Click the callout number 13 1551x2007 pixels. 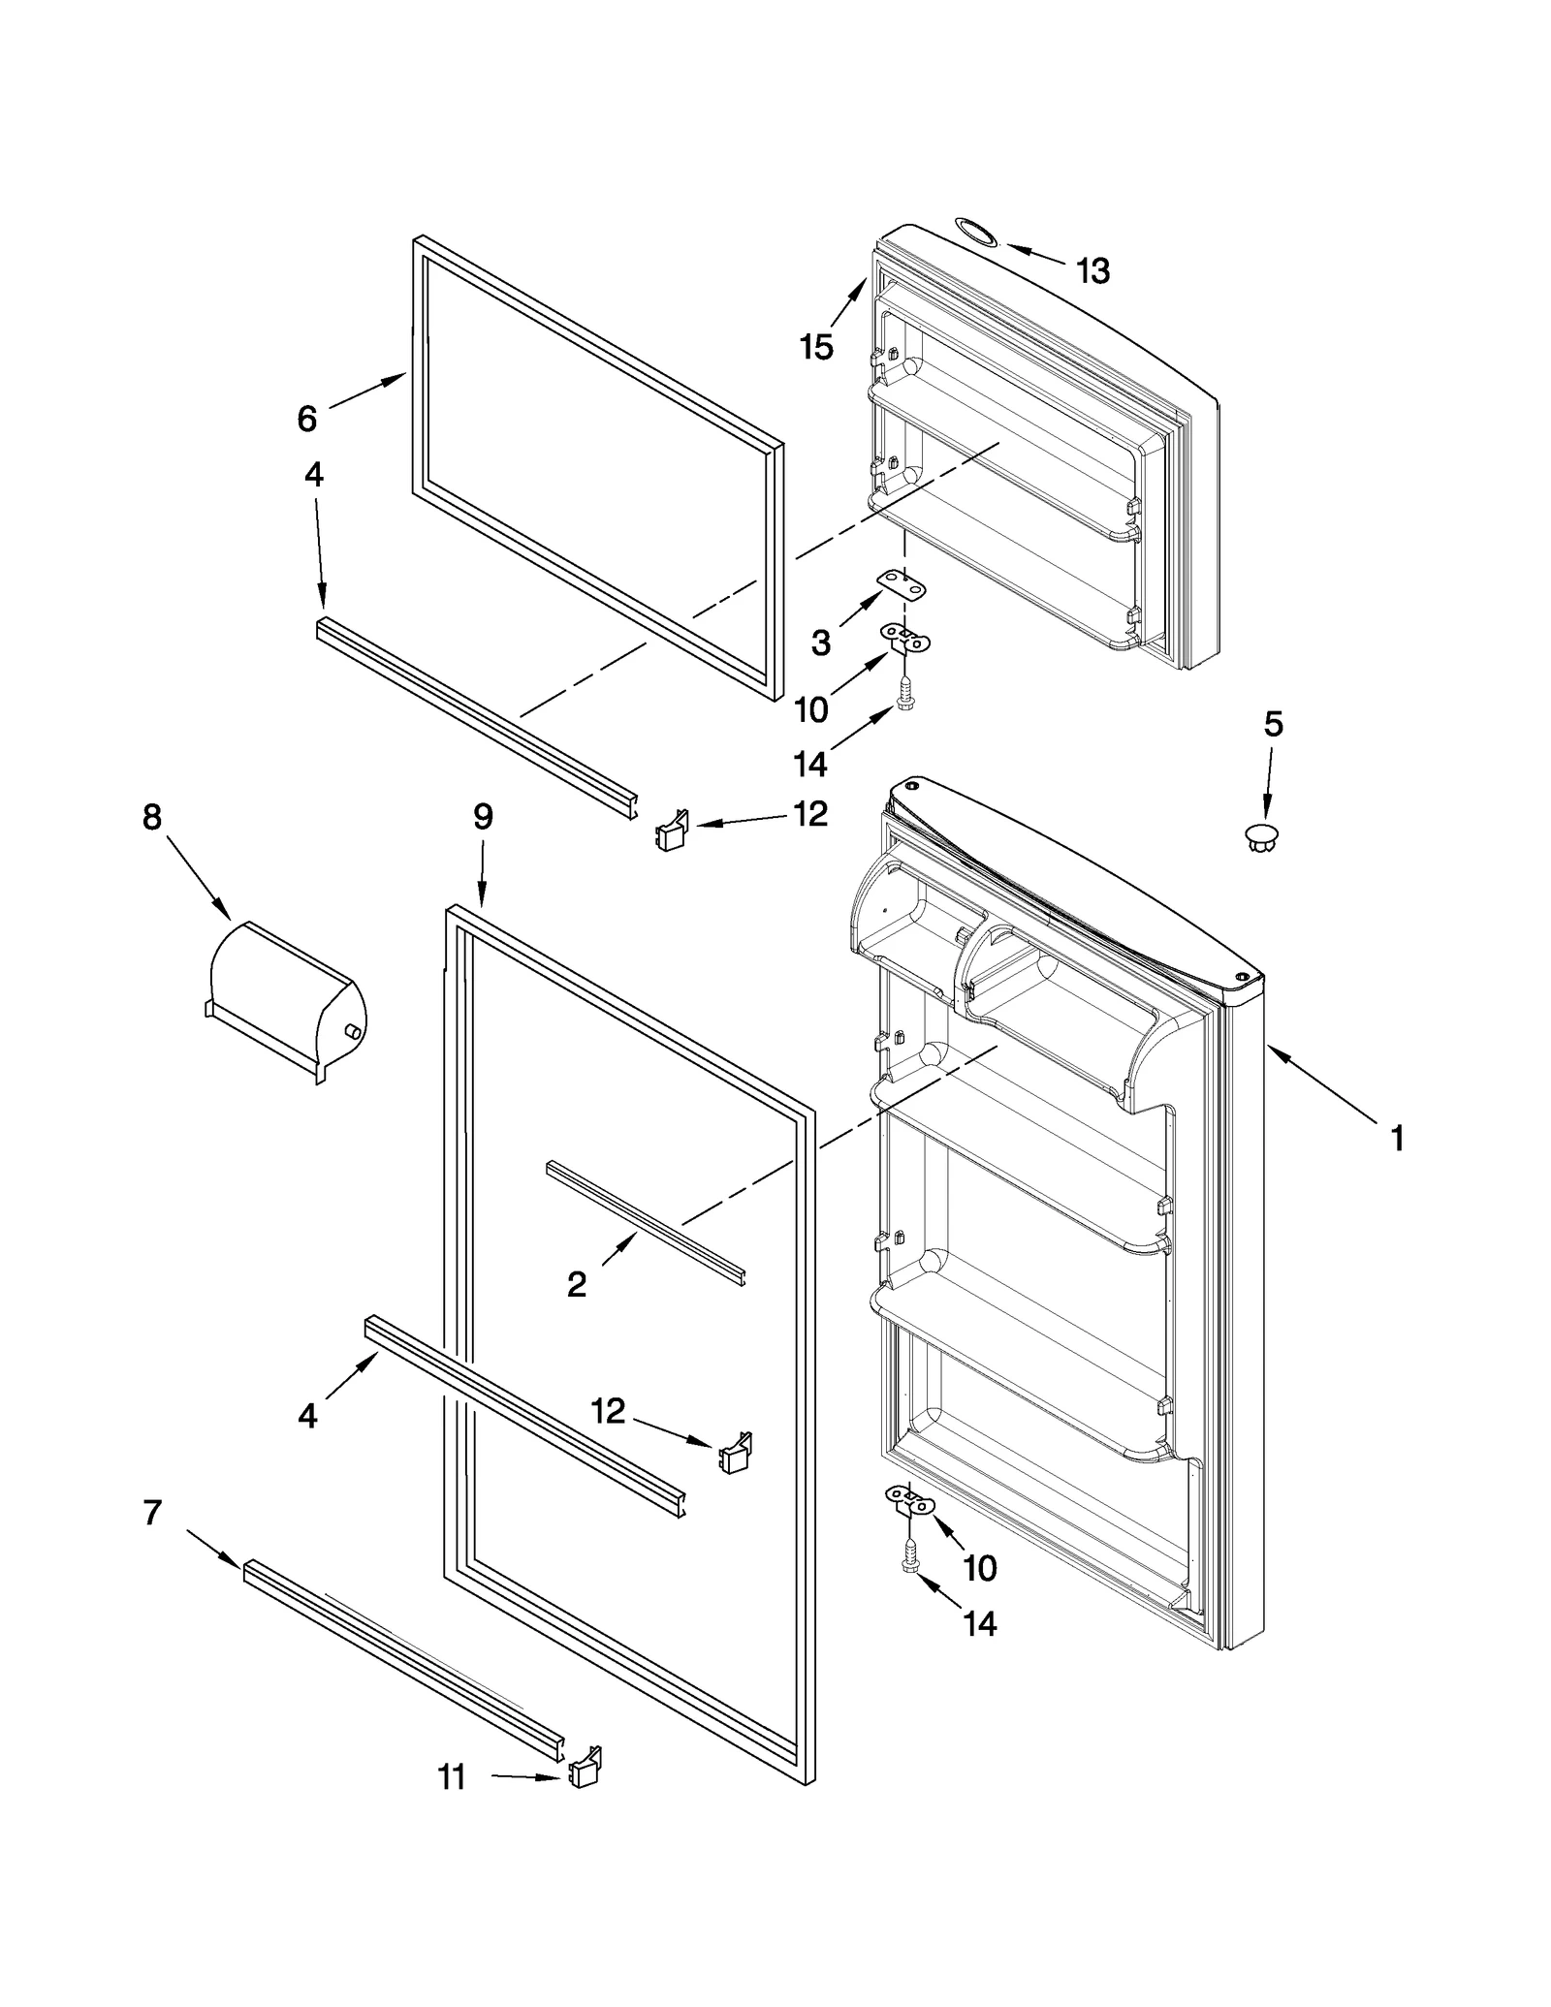pos(1092,271)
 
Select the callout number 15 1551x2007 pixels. pos(816,346)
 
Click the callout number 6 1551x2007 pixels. pos(306,419)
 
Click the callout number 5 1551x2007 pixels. pos(1273,724)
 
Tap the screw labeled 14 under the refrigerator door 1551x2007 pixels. pos(910,1559)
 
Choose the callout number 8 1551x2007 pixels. pos(152,817)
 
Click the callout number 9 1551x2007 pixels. pos(483,817)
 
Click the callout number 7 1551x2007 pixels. pos(152,1512)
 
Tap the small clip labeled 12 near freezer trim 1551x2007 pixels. pos(672,831)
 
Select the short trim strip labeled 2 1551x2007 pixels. pos(645,1222)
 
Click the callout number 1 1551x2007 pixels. pos(1397,1139)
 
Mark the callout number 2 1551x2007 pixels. pos(577,1285)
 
